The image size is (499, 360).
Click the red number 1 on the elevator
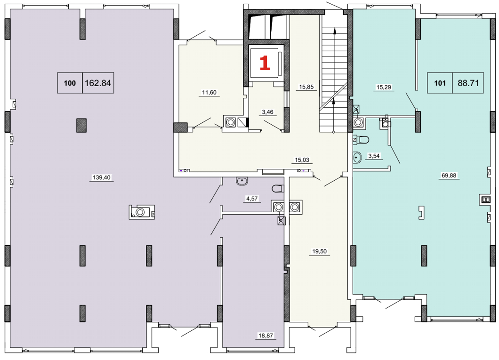pos(265,63)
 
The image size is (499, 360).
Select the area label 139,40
pos(102,177)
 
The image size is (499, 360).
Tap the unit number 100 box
pos(70,83)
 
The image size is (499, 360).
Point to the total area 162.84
pos(98,83)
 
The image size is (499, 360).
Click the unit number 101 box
pos(440,83)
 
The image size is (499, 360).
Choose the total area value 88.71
pos(468,83)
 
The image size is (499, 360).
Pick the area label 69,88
pos(449,175)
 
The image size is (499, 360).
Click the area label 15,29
pos(384,87)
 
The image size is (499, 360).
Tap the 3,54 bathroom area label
pos(374,156)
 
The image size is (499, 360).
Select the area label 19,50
pos(319,251)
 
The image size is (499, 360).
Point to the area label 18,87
pos(266,335)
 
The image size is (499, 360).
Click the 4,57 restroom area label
pos(252,199)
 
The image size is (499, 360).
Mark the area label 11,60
pos(209,93)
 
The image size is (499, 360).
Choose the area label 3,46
pos(267,112)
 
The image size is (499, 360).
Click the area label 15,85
pos(306,87)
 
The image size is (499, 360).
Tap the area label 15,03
pos(302,160)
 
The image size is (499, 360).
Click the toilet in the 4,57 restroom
pos(278,189)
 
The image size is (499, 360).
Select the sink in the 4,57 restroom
pos(242,181)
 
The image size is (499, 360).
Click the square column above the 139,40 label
pos(81,125)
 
